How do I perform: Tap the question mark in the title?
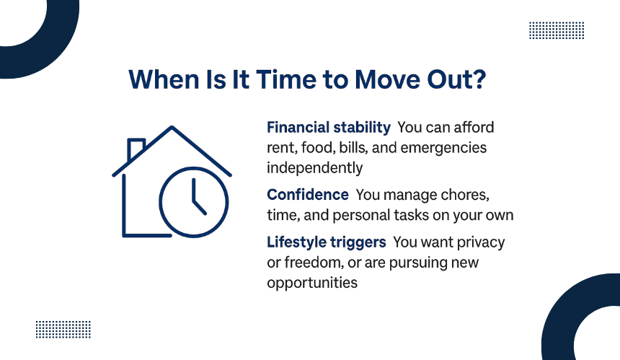[479, 79]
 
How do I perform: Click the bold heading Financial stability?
[329, 128]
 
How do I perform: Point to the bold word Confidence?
[308, 195]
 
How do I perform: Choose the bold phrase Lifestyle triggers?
[326, 242]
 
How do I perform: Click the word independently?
[315, 168]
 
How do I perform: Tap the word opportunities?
[312, 284]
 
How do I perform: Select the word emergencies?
[443, 148]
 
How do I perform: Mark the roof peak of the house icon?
[172, 128]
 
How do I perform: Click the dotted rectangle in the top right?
[557, 30]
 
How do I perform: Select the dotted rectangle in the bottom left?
[63, 330]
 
